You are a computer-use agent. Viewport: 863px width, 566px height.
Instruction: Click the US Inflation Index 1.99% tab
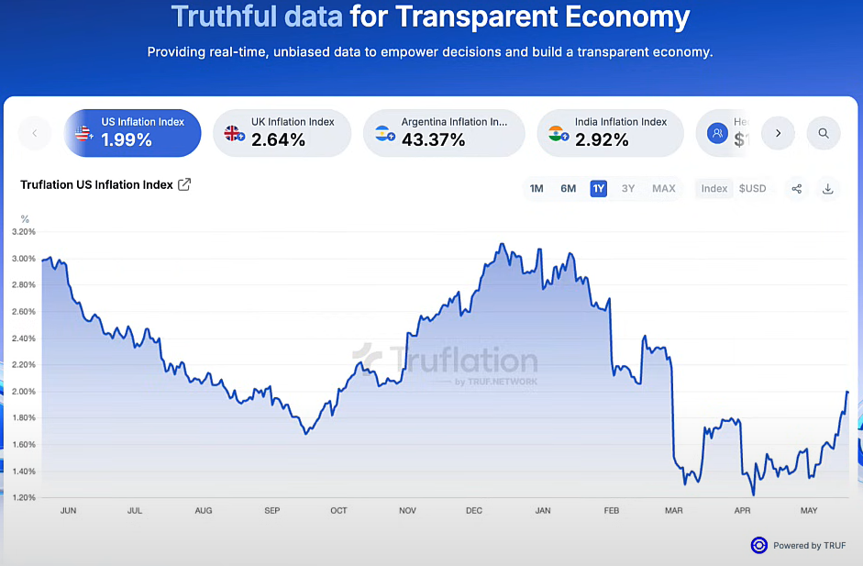tap(132, 133)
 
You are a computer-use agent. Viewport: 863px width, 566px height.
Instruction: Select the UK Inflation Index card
tap(282, 133)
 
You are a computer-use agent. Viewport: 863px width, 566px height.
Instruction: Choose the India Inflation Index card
tap(609, 133)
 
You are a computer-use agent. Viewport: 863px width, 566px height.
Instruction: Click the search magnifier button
tap(824, 133)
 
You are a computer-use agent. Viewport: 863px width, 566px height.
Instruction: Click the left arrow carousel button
tap(35, 133)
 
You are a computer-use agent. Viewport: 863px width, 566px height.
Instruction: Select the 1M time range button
tap(537, 189)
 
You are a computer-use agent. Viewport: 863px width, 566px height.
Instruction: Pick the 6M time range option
tap(569, 189)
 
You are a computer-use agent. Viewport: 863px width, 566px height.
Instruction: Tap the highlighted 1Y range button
tap(599, 189)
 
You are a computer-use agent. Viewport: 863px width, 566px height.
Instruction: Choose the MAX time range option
tap(664, 189)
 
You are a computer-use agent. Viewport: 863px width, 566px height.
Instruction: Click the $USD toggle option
tap(752, 189)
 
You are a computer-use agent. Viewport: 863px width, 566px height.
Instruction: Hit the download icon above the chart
tap(828, 189)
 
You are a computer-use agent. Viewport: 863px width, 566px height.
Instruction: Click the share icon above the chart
tap(797, 189)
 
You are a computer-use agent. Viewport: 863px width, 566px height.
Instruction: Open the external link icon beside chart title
tap(184, 184)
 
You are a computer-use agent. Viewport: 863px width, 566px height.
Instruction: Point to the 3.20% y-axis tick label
tap(24, 232)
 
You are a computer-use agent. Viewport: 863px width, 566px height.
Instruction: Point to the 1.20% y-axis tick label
tap(24, 498)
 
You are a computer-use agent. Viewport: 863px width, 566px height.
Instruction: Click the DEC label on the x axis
tap(474, 510)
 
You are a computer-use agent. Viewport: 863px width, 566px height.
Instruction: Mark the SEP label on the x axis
tap(271, 510)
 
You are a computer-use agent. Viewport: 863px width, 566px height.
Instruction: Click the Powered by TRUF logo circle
tap(758, 545)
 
